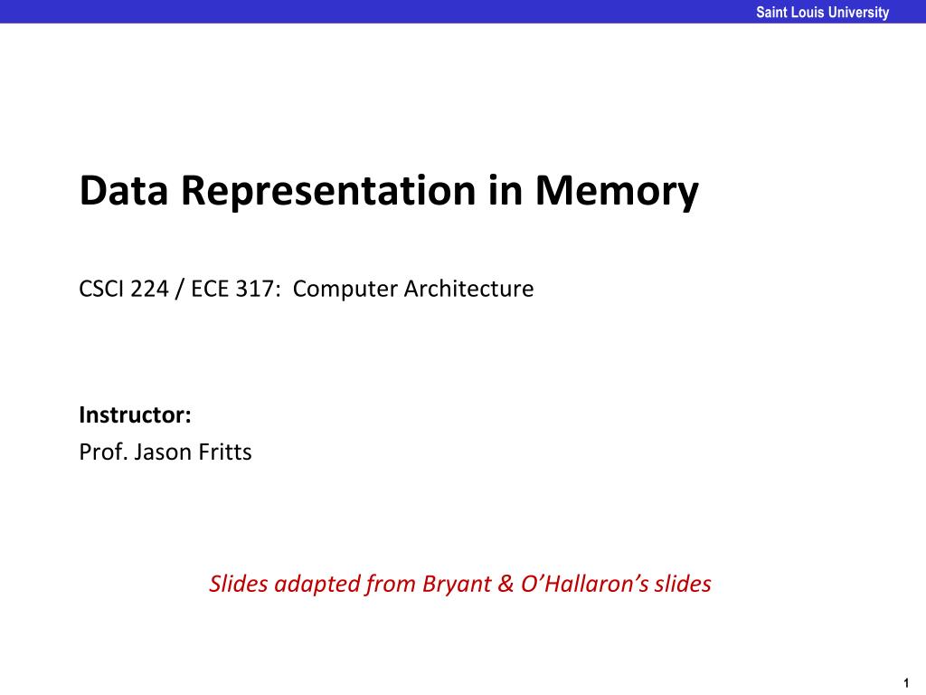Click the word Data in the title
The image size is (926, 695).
click(x=123, y=190)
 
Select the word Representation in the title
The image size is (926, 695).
click(x=327, y=192)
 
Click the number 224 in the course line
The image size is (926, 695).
click(x=149, y=289)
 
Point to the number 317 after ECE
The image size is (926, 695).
click(x=255, y=289)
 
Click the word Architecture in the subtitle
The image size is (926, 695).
click(x=469, y=289)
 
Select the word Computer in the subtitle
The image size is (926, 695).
click(x=345, y=290)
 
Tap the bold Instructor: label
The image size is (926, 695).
click(x=136, y=414)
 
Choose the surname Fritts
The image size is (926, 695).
click(x=225, y=452)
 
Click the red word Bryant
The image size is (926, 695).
click(x=457, y=585)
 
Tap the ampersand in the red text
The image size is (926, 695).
click(x=506, y=585)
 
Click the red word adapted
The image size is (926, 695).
click(x=317, y=585)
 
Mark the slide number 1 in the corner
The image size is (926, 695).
click(x=906, y=684)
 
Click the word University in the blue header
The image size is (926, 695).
click(x=859, y=13)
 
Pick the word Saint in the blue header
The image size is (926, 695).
click(x=770, y=13)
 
